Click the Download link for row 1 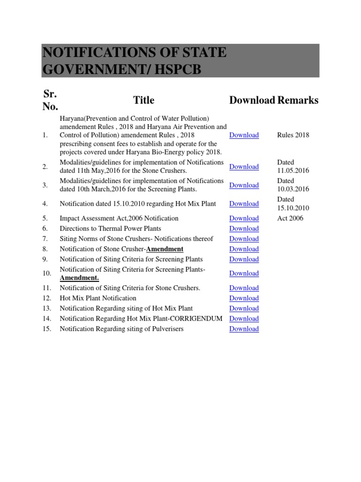pos(244,135)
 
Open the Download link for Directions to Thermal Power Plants pos(244,229)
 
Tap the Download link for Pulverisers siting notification pos(244,329)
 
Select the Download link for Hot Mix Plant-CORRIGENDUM pos(244,319)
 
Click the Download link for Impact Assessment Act pos(244,218)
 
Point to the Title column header pos(144,100)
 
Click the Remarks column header pos(298,100)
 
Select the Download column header pos(252,100)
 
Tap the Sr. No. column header pos(50,100)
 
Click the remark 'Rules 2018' pos(293,135)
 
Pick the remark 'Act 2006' pos(290,218)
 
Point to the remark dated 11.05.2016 pos(293,167)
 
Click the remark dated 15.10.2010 pos(293,204)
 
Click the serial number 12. pos(46,298)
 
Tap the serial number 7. pos(45,239)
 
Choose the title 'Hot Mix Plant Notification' pos(98,298)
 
